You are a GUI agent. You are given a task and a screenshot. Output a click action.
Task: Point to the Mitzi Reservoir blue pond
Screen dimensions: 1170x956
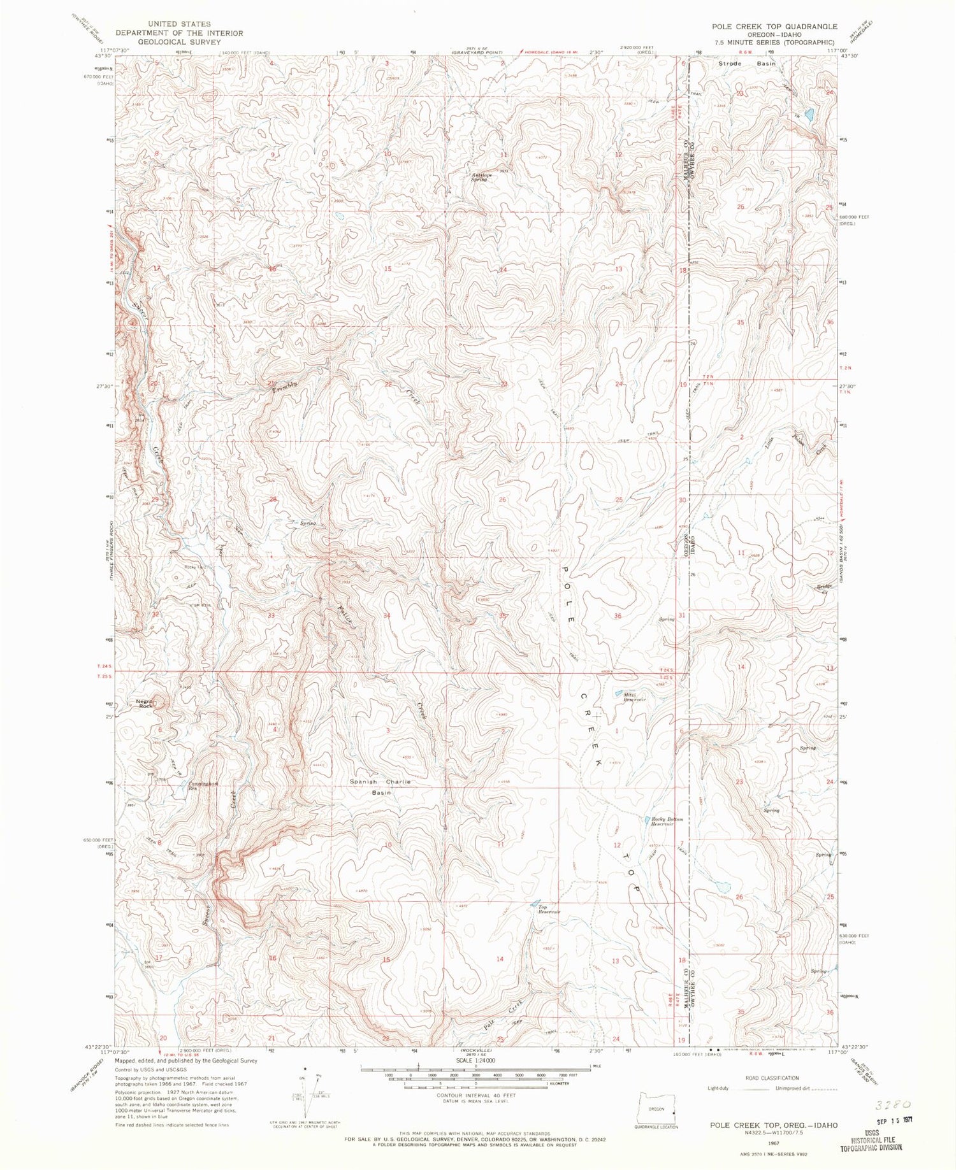point(618,693)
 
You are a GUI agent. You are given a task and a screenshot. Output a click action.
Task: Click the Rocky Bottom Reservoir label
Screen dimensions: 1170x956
point(667,822)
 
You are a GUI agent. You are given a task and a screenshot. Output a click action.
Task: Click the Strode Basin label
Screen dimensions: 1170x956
point(738,64)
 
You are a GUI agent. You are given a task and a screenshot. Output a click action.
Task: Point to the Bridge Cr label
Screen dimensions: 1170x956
point(826,589)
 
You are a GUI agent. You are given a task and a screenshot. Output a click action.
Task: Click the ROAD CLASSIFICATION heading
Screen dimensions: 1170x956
point(771,1078)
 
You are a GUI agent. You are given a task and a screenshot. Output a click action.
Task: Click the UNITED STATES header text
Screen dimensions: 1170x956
point(163,24)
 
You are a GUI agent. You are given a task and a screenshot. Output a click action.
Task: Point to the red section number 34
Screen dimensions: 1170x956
point(387,616)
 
